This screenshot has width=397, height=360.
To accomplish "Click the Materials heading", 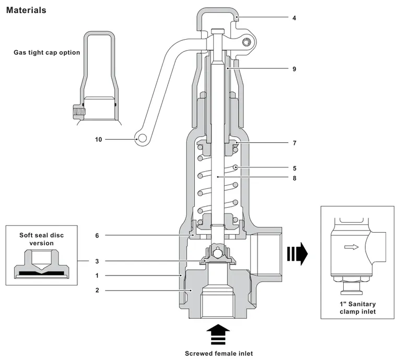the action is point(26,10).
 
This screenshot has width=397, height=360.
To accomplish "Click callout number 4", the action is point(294,18).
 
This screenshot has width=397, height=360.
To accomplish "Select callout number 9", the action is point(294,69).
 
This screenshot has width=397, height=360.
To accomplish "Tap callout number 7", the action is point(295,143).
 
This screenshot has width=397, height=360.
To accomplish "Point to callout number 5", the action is point(295,169).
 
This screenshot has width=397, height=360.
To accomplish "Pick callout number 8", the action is point(295,178).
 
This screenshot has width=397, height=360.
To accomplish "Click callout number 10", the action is point(99,139).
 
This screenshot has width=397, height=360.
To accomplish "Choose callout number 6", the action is point(97,236).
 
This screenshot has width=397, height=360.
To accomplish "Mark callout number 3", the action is point(97,261).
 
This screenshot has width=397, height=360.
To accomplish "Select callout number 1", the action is point(97,275).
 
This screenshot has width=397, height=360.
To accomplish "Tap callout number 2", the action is point(97,290).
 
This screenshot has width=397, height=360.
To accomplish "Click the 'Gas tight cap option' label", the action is point(47,53).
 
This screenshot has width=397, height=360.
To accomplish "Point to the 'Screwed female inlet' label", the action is point(219,353).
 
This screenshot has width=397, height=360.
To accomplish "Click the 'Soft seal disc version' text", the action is point(41,239).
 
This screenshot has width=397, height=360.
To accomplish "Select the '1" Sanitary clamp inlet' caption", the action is point(357,308).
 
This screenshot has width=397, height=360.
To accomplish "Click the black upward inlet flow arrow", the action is point(218,334).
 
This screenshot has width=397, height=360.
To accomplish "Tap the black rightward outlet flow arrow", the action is point(297,254).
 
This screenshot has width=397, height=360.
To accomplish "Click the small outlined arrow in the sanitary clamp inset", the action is point(352,247).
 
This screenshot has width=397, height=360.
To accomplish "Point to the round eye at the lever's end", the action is point(142,138).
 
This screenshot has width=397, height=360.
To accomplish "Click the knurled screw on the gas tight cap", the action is point(79,112).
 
